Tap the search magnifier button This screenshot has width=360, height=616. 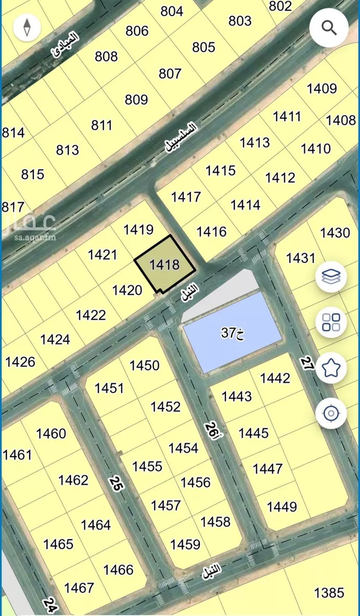(x=329, y=28)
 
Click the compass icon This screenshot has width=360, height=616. (x=27, y=27)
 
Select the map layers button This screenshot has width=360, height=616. (x=331, y=277)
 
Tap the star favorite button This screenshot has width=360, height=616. (x=331, y=368)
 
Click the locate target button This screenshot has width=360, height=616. (x=331, y=413)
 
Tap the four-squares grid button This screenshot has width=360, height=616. (x=331, y=322)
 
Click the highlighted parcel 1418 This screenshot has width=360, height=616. (x=165, y=265)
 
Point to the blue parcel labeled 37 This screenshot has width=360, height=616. (x=233, y=332)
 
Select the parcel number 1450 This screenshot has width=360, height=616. (x=144, y=365)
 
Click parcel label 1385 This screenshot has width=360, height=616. (x=329, y=592)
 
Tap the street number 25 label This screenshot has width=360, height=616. (x=116, y=483)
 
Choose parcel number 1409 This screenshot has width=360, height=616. (x=322, y=88)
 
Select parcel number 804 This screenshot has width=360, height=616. (x=172, y=11)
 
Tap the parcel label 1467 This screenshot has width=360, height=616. (x=79, y=588)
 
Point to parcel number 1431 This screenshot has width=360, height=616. (x=301, y=258)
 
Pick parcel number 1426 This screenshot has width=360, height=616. (x=20, y=362)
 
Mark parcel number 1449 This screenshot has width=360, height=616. (x=282, y=507)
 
